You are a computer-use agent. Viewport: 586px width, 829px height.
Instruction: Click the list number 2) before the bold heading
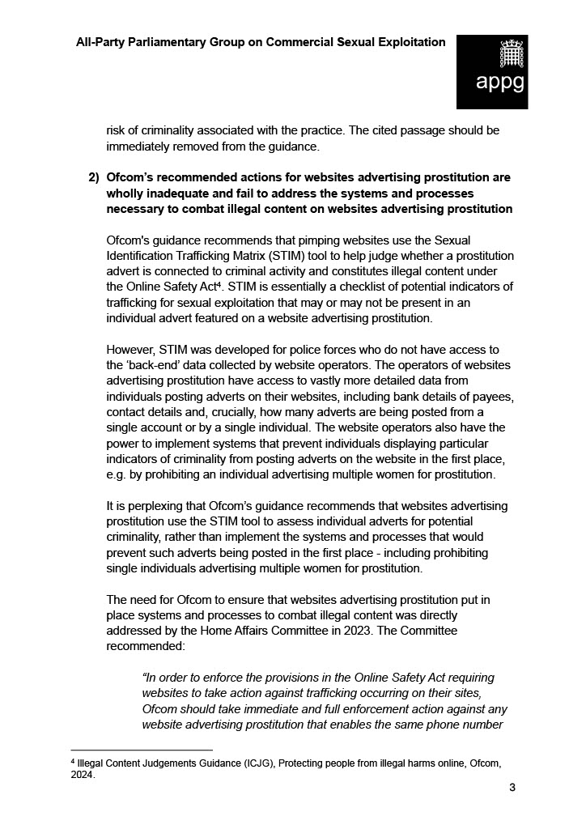94,177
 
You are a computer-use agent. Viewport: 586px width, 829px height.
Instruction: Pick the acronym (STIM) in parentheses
268,256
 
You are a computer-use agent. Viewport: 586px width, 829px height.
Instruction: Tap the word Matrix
230,256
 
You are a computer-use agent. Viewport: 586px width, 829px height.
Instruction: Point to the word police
306,349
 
